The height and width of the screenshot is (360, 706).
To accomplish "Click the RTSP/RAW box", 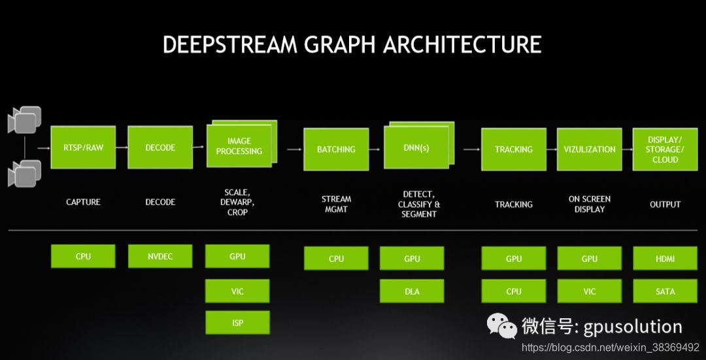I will (83, 148).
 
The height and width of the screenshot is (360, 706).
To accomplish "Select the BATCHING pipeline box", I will (336, 150).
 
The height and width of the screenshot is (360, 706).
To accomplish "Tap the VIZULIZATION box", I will (590, 150).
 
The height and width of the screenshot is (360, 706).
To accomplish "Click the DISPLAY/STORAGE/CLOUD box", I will (665, 150).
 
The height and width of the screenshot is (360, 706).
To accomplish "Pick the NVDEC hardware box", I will (160, 256).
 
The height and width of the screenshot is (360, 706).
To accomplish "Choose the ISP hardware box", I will (237, 323).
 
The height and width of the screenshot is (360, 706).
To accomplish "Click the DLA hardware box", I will (412, 291).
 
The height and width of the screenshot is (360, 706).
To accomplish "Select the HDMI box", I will (665, 259).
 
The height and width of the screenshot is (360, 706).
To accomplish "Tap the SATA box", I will (665, 291).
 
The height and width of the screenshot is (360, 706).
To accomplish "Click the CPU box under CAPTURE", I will (83, 256).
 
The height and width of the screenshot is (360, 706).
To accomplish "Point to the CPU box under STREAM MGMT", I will (336, 259).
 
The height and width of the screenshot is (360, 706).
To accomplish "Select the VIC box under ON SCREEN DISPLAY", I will (590, 291).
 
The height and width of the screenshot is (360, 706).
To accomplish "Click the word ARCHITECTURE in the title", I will (462, 44).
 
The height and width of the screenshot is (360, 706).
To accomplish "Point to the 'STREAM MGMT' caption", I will (336, 204).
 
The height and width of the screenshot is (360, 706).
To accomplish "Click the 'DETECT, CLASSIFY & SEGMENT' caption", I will (418, 204).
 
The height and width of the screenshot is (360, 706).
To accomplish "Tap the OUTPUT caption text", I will (665, 205).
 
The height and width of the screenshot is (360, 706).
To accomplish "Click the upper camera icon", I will (25, 119).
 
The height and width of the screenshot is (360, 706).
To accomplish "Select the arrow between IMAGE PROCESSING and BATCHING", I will (294, 150).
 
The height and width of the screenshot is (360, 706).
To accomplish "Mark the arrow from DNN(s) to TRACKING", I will (471, 150).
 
